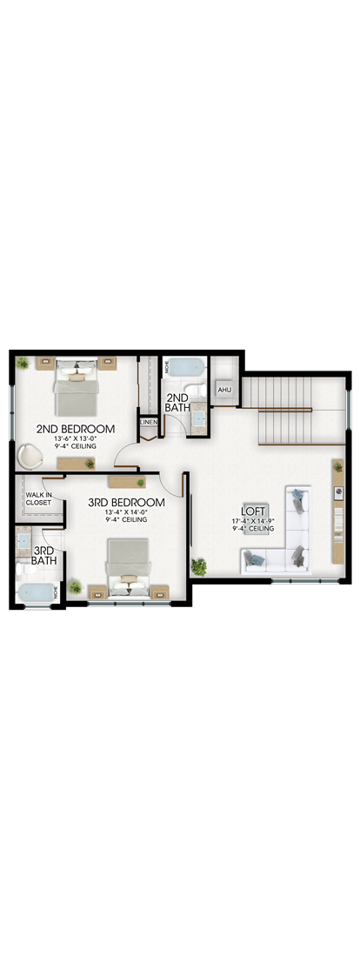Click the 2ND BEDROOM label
(76, 428)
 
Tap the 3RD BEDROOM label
(127, 502)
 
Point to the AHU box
(223, 390)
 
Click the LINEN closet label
(149, 422)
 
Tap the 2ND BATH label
(177, 403)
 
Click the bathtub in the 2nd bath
(186, 368)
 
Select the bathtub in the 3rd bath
(34, 594)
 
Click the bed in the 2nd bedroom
(77, 387)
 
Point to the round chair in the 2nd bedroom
(29, 456)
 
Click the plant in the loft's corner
(199, 565)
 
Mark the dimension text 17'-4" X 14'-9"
(253, 520)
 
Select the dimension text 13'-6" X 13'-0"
(76, 438)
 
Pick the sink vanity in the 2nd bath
(197, 418)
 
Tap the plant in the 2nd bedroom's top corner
(23, 363)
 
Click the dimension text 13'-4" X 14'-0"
(127, 511)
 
